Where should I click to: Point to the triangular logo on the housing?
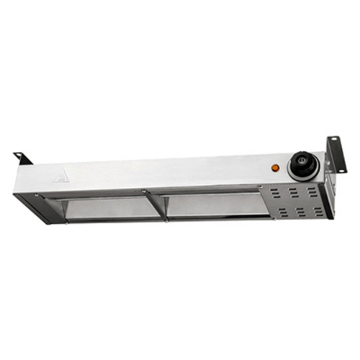(x=63, y=176)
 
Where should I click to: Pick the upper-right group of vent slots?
(x=312, y=190)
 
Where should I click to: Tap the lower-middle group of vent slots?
(x=297, y=212)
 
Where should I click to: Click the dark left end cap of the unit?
(x=27, y=210)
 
